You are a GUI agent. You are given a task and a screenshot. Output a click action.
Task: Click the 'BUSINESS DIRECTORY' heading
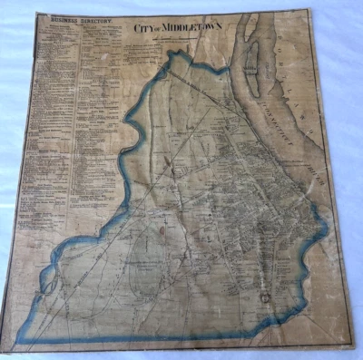(68, 17)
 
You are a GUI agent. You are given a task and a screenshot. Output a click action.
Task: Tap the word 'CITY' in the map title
(143, 28)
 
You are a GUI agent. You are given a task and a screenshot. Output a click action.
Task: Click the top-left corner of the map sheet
(36, 12)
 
